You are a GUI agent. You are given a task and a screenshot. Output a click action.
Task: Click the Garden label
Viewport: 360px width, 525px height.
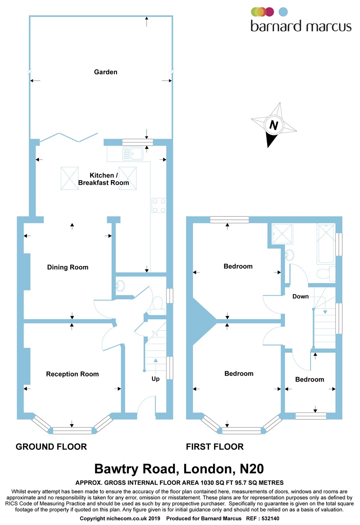pyautogui.click(x=106, y=72)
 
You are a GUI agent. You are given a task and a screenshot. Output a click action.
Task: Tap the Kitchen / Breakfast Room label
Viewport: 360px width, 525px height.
pyautogui.click(x=104, y=179)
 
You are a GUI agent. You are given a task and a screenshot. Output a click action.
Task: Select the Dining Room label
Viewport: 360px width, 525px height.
pyautogui.click(x=68, y=267)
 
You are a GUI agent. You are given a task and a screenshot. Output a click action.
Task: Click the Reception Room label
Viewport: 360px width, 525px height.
pyautogui.click(x=72, y=374)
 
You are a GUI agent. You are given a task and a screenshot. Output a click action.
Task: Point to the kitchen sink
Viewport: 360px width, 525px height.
pyautogui.click(x=133, y=154)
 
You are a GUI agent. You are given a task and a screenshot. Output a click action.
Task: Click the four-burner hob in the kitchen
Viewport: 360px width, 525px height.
pyautogui.click(x=159, y=206)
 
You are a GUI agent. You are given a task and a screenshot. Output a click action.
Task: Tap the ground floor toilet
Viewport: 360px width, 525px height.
pyautogui.click(x=158, y=305)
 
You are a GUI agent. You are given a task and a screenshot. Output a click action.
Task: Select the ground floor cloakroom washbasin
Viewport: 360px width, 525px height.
pyautogui.click(x=120, y=285)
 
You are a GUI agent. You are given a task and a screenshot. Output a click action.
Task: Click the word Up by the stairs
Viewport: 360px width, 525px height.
pyautogui.click(x=156, y=379)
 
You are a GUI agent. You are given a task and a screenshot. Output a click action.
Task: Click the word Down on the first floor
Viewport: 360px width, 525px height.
pyautogui.click(x=301, y=297)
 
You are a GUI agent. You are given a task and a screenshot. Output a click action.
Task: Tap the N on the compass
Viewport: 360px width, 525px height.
pyautogui.click(x=274, y=125)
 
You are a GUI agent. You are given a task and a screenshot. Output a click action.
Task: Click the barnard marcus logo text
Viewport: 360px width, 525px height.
pyautogui.click(x=301, y=26)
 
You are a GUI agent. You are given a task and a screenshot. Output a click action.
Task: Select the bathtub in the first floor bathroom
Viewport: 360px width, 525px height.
pyautogui.click(x=326, y=243)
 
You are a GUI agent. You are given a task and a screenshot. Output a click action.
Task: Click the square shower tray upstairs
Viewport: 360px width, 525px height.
pyautogui.click(x=282, y=234)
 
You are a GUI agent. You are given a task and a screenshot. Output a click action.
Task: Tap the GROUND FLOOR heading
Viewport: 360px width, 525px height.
pyautogui.click(x=51, y=447)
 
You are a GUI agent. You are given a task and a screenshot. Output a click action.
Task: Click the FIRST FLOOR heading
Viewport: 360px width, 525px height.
pyautogui.click(x=215, y=447)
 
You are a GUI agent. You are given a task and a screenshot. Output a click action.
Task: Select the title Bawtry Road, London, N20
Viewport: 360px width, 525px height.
pyautogui.click(x=179, y=469)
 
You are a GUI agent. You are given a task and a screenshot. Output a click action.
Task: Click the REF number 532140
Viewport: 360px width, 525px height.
pyautogui.click(x=270, y=519)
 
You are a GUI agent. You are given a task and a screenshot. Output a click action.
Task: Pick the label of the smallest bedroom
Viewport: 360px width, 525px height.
pyautogui.click(x=309, y=380)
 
